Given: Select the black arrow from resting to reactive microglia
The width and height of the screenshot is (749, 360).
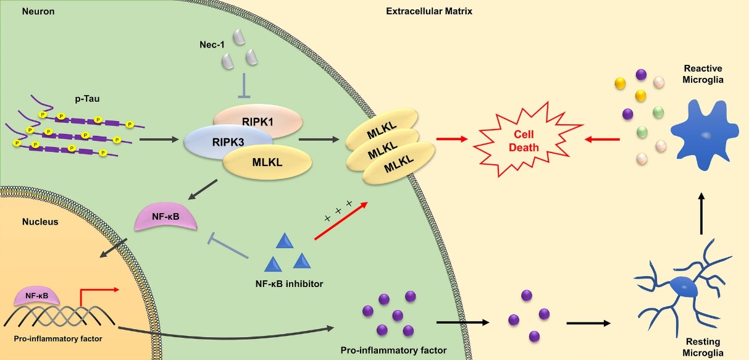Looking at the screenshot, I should pos(701,213).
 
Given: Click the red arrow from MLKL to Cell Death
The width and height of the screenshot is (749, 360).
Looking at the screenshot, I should pos(451,140).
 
